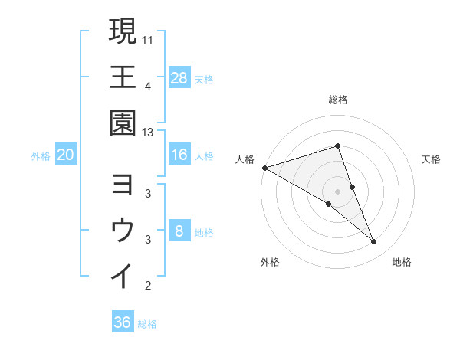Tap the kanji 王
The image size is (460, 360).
click(123, 77)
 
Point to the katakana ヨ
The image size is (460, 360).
click(123, 185)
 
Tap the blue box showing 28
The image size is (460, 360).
click(179, 77)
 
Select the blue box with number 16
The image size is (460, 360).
click(179, 155)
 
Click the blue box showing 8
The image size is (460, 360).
click(179, 231)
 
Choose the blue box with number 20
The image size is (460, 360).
click(65, 155)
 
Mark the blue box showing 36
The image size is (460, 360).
click(123, 322)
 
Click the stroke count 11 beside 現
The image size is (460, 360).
click(148, 38)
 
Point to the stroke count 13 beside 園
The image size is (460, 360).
click(148, 133)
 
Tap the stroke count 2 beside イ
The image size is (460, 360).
click(148, 286)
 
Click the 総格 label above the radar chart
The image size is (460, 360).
click(338, 100)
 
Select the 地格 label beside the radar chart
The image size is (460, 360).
click(402, 262)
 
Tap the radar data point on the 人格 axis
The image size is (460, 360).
click(264, 168)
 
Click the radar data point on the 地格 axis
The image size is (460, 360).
click(374, 242)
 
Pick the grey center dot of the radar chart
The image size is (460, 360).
click(338, 191)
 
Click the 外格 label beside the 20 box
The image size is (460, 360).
click(41, 155)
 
